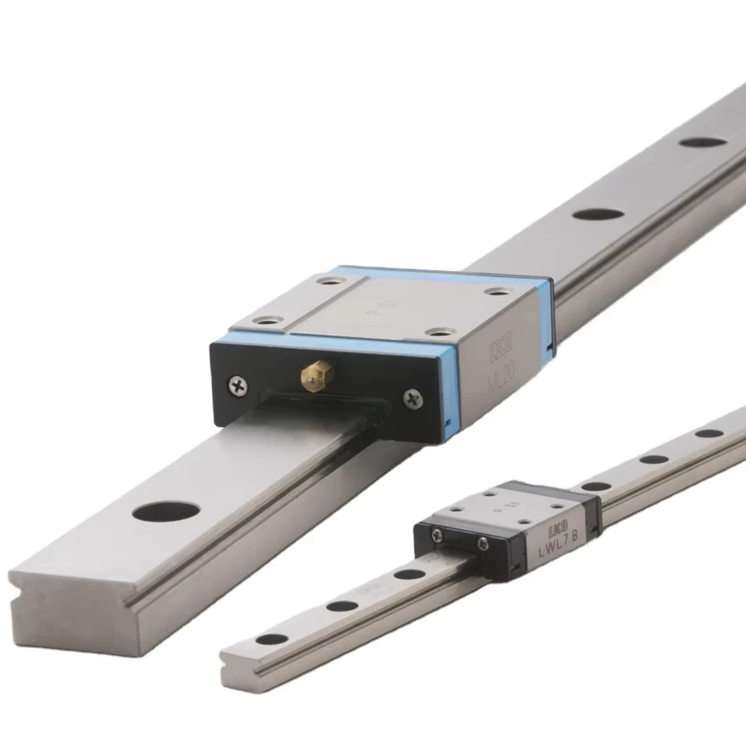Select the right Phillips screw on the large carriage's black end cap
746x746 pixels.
coord(411,399)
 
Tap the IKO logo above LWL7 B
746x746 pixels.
coord(558,528)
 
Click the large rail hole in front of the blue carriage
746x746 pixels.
coord(166,511)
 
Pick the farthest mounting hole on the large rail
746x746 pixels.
coord(702,142)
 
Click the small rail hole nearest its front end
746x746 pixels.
coord(271,640)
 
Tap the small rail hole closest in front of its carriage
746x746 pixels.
coord(409,574)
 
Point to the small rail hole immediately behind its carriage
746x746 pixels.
coord(595,486)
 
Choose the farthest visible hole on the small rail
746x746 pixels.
coord(708,433)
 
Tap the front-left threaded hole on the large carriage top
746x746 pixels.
coord(270,319)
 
